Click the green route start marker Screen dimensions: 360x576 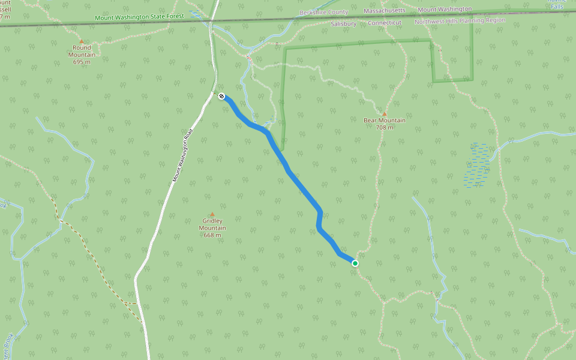(x=355, y=263)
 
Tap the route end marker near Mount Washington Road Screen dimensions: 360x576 (x=221, y=96)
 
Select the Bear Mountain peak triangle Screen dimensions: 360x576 (x=385, y=114)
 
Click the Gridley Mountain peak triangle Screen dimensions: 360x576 (x=212, y=214)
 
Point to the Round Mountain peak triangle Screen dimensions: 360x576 (x=82, y=41)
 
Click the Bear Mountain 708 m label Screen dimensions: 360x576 (x=385, y=124)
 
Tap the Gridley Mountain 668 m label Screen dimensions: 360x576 (x=212, y=228)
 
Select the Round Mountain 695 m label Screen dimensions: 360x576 (x=82, y=55)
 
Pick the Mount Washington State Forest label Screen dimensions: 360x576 (x=138, y=17)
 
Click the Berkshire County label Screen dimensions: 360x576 (x=324, y=12)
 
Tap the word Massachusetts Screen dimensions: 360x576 (x=385, y=11)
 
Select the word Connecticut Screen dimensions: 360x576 (x=385, y=23)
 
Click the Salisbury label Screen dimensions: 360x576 (x=344, y=24)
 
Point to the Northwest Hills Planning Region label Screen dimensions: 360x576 (x=460, y=21)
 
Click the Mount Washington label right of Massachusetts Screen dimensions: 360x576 (x=445, y=10)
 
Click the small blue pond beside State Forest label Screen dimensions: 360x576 (x=196, y=14)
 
